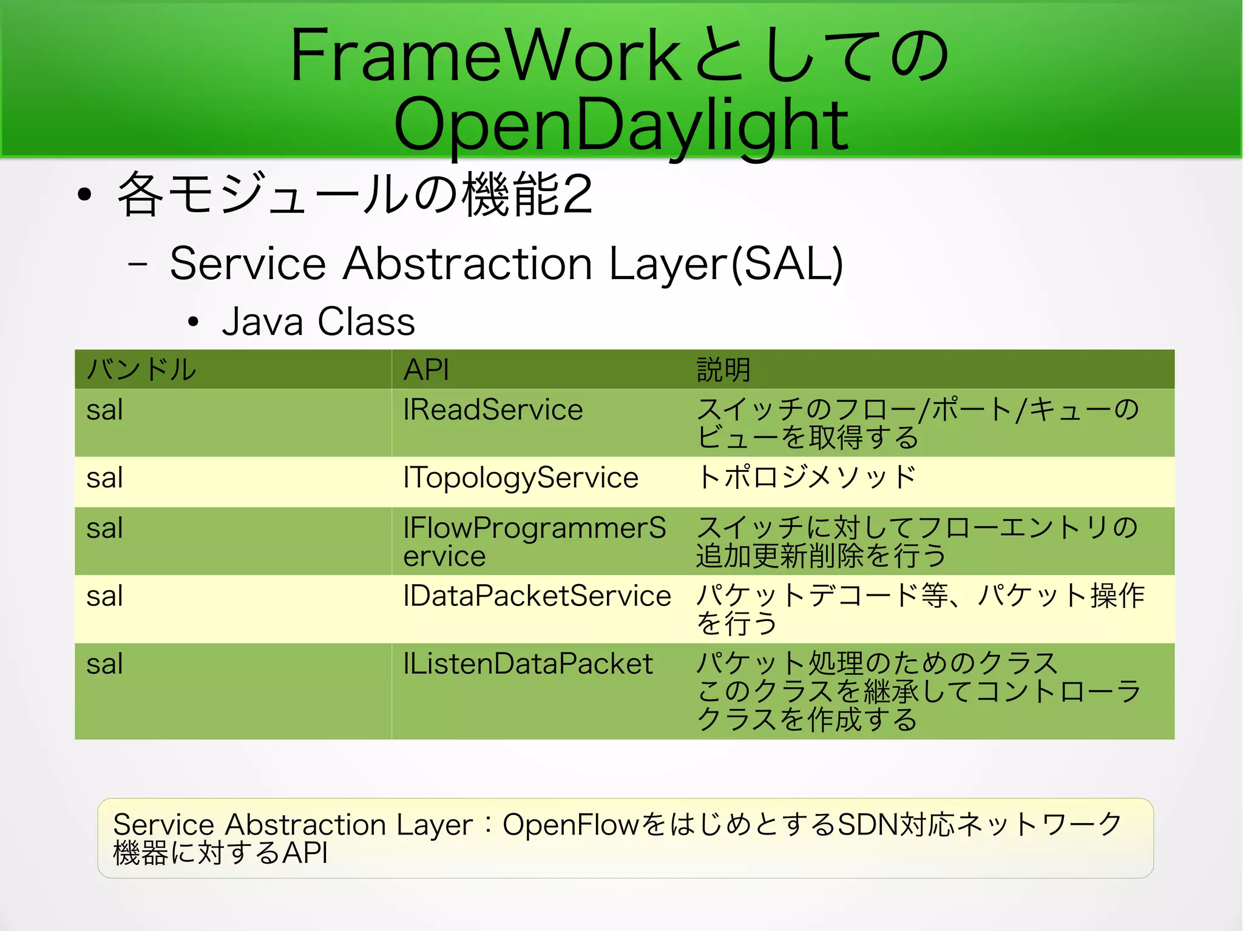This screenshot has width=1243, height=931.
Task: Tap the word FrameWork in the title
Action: click(x=486, y=56)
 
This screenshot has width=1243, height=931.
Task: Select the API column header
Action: click(x=426, y=369)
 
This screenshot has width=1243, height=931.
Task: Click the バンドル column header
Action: click(x=141, y=369)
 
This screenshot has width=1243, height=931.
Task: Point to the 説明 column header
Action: click(x=723, y=369)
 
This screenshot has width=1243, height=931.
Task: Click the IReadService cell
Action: click(x=493, y=410)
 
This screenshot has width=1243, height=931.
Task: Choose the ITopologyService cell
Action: click(x=521, y=478)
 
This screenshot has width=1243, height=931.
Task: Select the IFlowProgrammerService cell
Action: click(x=534, y=541)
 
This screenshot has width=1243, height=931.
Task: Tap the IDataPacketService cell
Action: click(x=537, y=596)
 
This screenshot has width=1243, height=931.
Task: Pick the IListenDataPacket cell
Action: click(x=528, y=664)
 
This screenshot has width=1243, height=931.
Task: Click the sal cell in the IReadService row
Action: click(x=104, y=410)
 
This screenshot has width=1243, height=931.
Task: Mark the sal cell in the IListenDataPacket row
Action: click(x=104, y=664)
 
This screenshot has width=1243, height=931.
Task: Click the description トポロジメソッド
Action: click(x=806, y=477)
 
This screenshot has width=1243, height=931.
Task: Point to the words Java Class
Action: click(x=318, y=321)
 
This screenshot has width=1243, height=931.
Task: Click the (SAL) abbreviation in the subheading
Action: click(x=787, y=264)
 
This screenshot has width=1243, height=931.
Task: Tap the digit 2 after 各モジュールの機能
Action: click(x=577, y=195)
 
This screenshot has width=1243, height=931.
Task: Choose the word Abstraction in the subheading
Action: click(x=467, y=264)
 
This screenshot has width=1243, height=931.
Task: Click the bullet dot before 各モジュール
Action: click(x=84, y=195)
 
